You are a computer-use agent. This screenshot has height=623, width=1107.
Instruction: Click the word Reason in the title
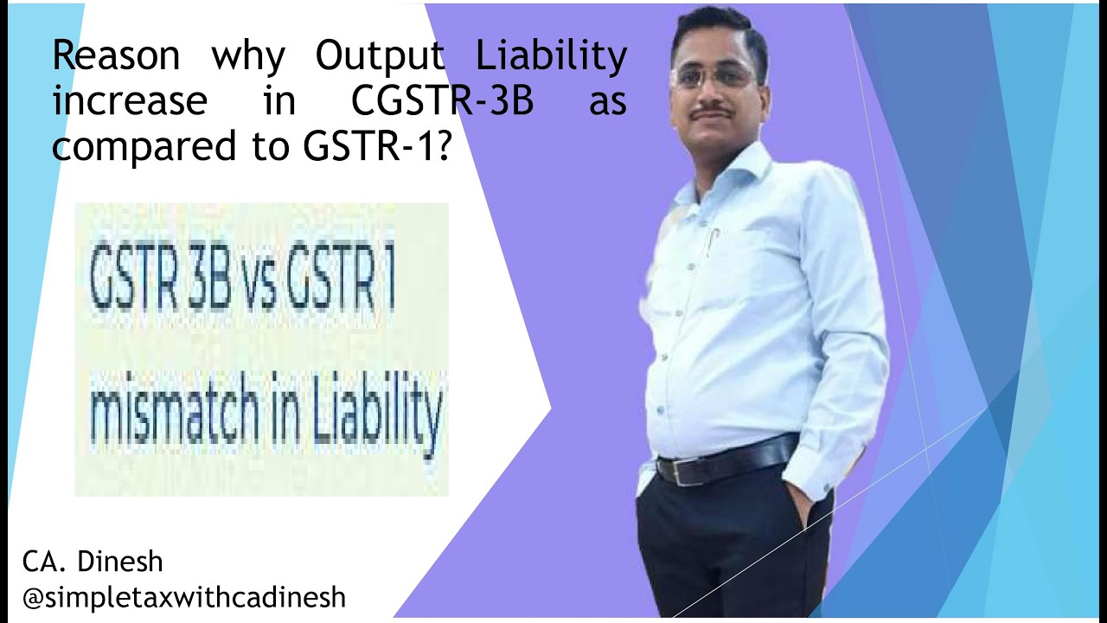[115, 56]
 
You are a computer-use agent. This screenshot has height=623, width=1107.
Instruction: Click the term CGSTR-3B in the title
[442, 101]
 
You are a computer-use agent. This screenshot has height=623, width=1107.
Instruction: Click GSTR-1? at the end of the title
[377, 145]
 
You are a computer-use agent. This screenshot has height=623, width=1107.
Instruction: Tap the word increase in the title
[130, 101]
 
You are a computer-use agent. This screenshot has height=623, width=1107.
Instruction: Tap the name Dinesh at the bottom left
[120, 561]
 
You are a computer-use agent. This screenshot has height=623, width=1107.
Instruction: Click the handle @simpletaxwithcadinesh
[184, 597]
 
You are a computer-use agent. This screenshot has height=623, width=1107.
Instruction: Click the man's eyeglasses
[714, 76]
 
